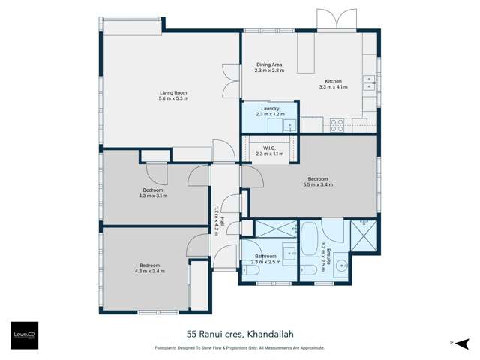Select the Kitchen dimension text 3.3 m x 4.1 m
333,87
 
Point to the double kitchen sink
370,82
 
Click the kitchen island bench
306,55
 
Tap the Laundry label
270,109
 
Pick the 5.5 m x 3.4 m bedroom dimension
317,184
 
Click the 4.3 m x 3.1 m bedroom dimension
152,196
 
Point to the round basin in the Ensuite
342,264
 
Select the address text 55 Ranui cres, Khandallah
239,335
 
